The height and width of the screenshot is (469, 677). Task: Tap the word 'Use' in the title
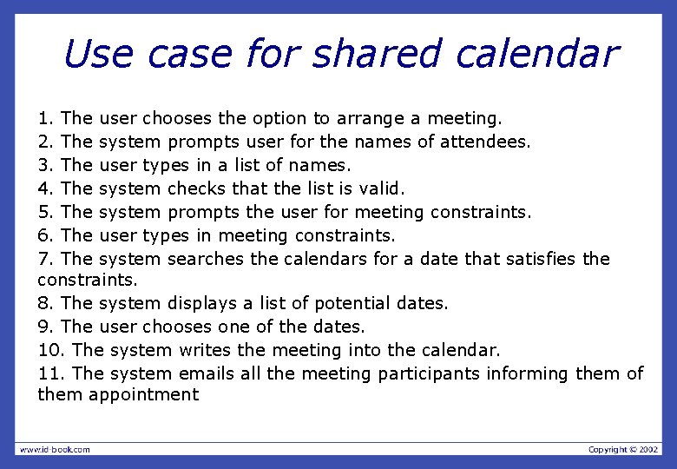(x=98, y=54)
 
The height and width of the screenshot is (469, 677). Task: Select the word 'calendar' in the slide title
(x=536, y=54)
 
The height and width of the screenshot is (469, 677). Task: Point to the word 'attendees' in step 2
(x=486, y=141)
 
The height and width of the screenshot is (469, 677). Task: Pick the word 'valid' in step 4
(x=382, y=188)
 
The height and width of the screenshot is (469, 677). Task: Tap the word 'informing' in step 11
(x=529, y=373)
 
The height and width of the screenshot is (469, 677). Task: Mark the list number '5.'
(x=47, y=211)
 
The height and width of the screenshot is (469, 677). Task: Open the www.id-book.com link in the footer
(x=55, y=449)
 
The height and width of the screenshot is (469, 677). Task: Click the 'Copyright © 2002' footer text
(x=623, y=449)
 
